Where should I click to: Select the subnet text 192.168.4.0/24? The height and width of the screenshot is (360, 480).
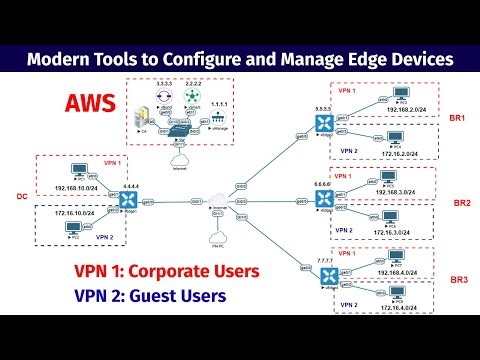[406, 271]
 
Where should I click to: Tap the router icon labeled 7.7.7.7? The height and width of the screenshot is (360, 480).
[324, 273]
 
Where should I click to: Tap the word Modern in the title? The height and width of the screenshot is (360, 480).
[60, 60]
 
